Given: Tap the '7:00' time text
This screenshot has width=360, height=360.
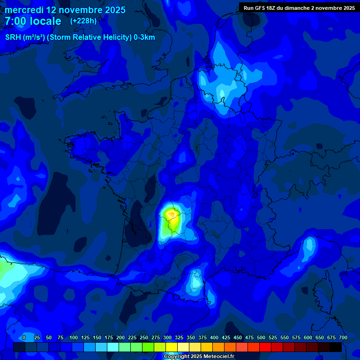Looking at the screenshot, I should [15, 22].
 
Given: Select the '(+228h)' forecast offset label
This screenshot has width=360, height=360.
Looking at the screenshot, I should [83, 21].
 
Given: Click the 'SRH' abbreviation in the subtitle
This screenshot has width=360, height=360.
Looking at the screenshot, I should [13, 37].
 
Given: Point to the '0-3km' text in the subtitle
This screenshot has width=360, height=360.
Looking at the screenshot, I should [144, 37].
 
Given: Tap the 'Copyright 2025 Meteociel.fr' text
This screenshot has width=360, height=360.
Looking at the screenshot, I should [199, 356].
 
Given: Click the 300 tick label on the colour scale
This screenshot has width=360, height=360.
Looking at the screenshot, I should [167, 337].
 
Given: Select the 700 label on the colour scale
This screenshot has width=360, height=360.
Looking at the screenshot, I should [343, 337].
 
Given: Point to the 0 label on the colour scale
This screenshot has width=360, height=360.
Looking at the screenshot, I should [24, 337].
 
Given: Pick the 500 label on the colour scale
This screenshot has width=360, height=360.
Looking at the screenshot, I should [261, 337].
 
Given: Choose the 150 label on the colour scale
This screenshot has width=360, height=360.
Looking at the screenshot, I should [97, 337].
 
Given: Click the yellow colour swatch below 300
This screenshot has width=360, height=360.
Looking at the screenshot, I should [172, 347].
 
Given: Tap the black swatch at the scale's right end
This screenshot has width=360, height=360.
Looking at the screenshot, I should [336, 347].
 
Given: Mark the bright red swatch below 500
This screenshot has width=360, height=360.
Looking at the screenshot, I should [265, 347].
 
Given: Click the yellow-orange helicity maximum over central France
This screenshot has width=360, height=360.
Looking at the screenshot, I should [172, 215].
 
